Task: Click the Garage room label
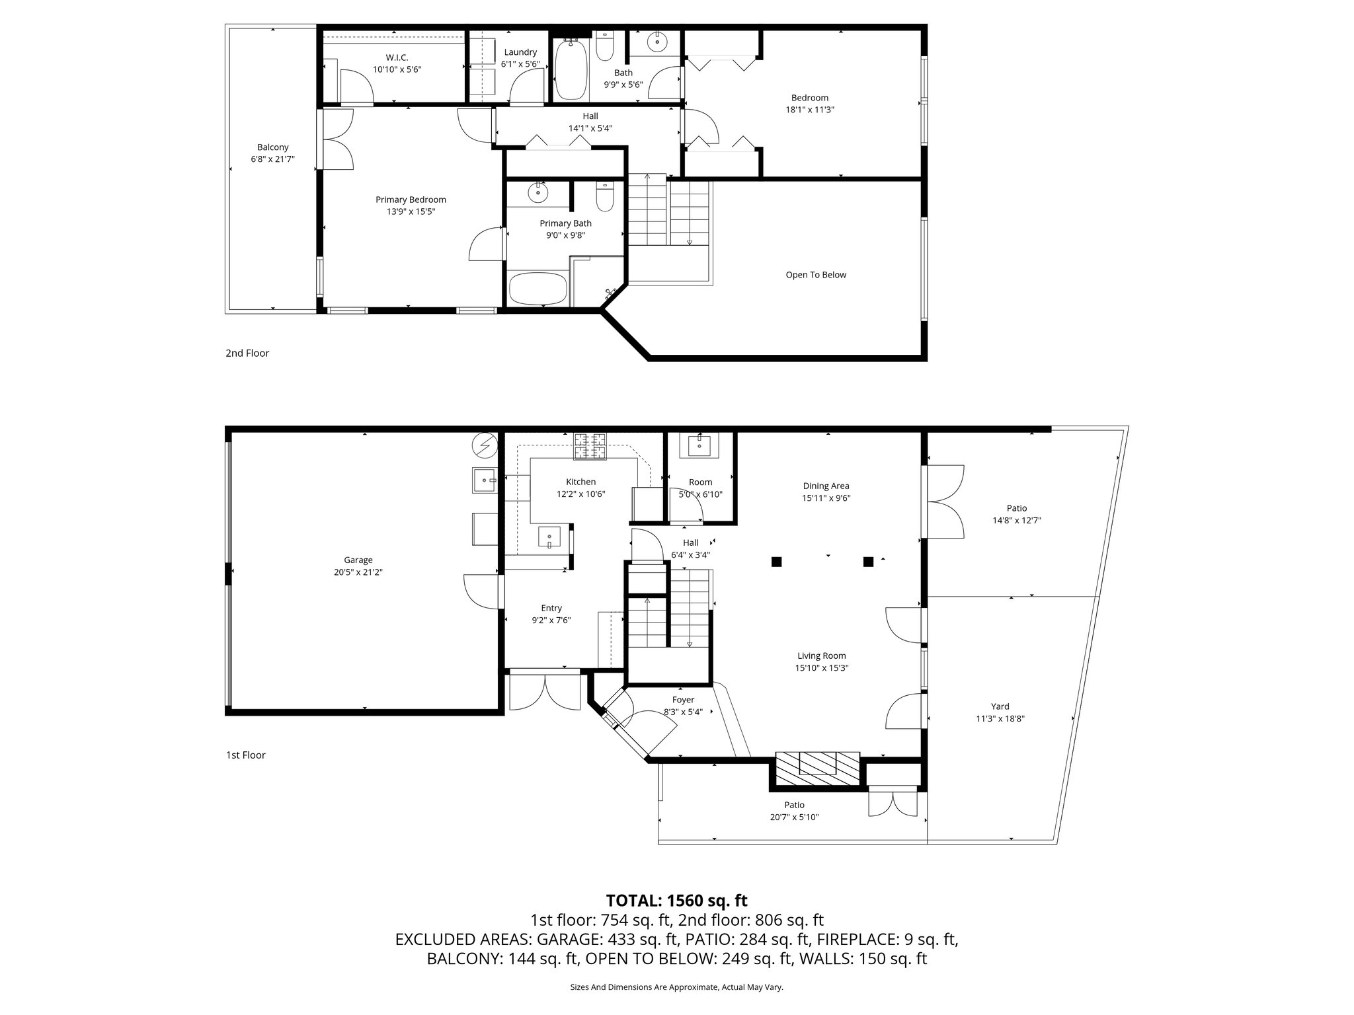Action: point(358,560)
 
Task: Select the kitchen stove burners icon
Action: point(590,445)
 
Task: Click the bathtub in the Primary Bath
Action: point(538,289)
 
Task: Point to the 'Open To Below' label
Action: point(815,275)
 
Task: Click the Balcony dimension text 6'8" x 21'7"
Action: point(272,159)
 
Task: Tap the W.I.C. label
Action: point(397,57)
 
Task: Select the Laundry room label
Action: point(520,52)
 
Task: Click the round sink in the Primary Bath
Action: point(538,193)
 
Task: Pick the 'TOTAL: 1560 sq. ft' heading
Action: point(676,900)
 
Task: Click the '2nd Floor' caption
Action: point(247,353)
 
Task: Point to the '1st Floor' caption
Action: point(245,755)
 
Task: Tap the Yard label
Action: point(1000,706)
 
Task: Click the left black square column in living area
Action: point(776,562)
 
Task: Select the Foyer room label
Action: point(683,700)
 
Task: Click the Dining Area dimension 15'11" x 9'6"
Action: point(826,498)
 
